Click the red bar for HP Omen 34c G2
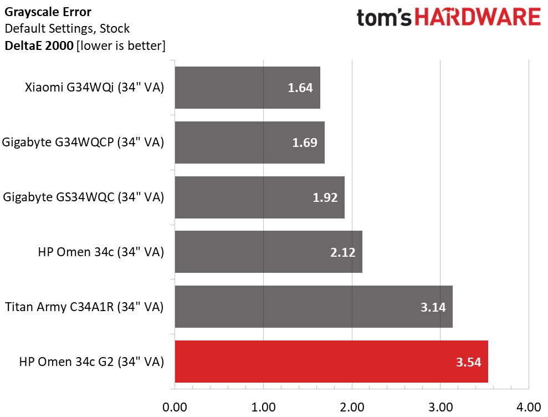tap(331, 362)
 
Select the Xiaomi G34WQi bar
tap(247, 88)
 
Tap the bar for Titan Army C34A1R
tap(314, 307)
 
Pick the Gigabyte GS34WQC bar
tap(259, 197)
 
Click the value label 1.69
tap(305, 143)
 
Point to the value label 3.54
tap(469, 363)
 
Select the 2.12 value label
tap(342, 253)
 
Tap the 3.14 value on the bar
tap(433, 307)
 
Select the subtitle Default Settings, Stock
tap(66, 28)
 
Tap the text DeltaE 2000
tap(39, 45)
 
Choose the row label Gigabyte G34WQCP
tap(83, 143)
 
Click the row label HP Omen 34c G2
tap(91, 363)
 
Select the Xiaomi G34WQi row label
tap(94, 88)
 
